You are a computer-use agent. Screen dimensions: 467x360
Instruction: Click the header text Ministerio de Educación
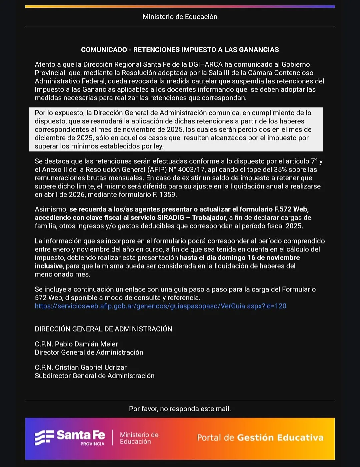coord(180,17)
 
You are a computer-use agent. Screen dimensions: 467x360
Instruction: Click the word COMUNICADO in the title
coord(104,50)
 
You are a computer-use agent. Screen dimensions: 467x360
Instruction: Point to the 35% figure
coord(280,169)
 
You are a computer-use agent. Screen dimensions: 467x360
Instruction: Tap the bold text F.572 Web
coord(291,209)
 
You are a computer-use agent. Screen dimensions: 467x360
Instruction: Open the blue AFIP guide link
coord(160,306)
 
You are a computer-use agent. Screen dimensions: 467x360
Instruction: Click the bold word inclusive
coord(49,266)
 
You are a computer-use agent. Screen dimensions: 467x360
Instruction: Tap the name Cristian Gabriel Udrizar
coord(91,367)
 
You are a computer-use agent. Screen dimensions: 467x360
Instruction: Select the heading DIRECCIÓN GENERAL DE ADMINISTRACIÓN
coord(103,329)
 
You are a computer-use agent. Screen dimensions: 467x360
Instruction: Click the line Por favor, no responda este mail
coord(180,409)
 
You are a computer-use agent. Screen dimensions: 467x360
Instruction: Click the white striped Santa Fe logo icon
coord(44,437)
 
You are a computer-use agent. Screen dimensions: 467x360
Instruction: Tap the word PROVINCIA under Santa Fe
coord(92,444)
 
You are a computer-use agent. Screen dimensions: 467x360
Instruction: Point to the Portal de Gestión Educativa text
coord(260,438)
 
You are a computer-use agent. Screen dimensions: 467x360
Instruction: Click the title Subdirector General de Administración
coord(95,376)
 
